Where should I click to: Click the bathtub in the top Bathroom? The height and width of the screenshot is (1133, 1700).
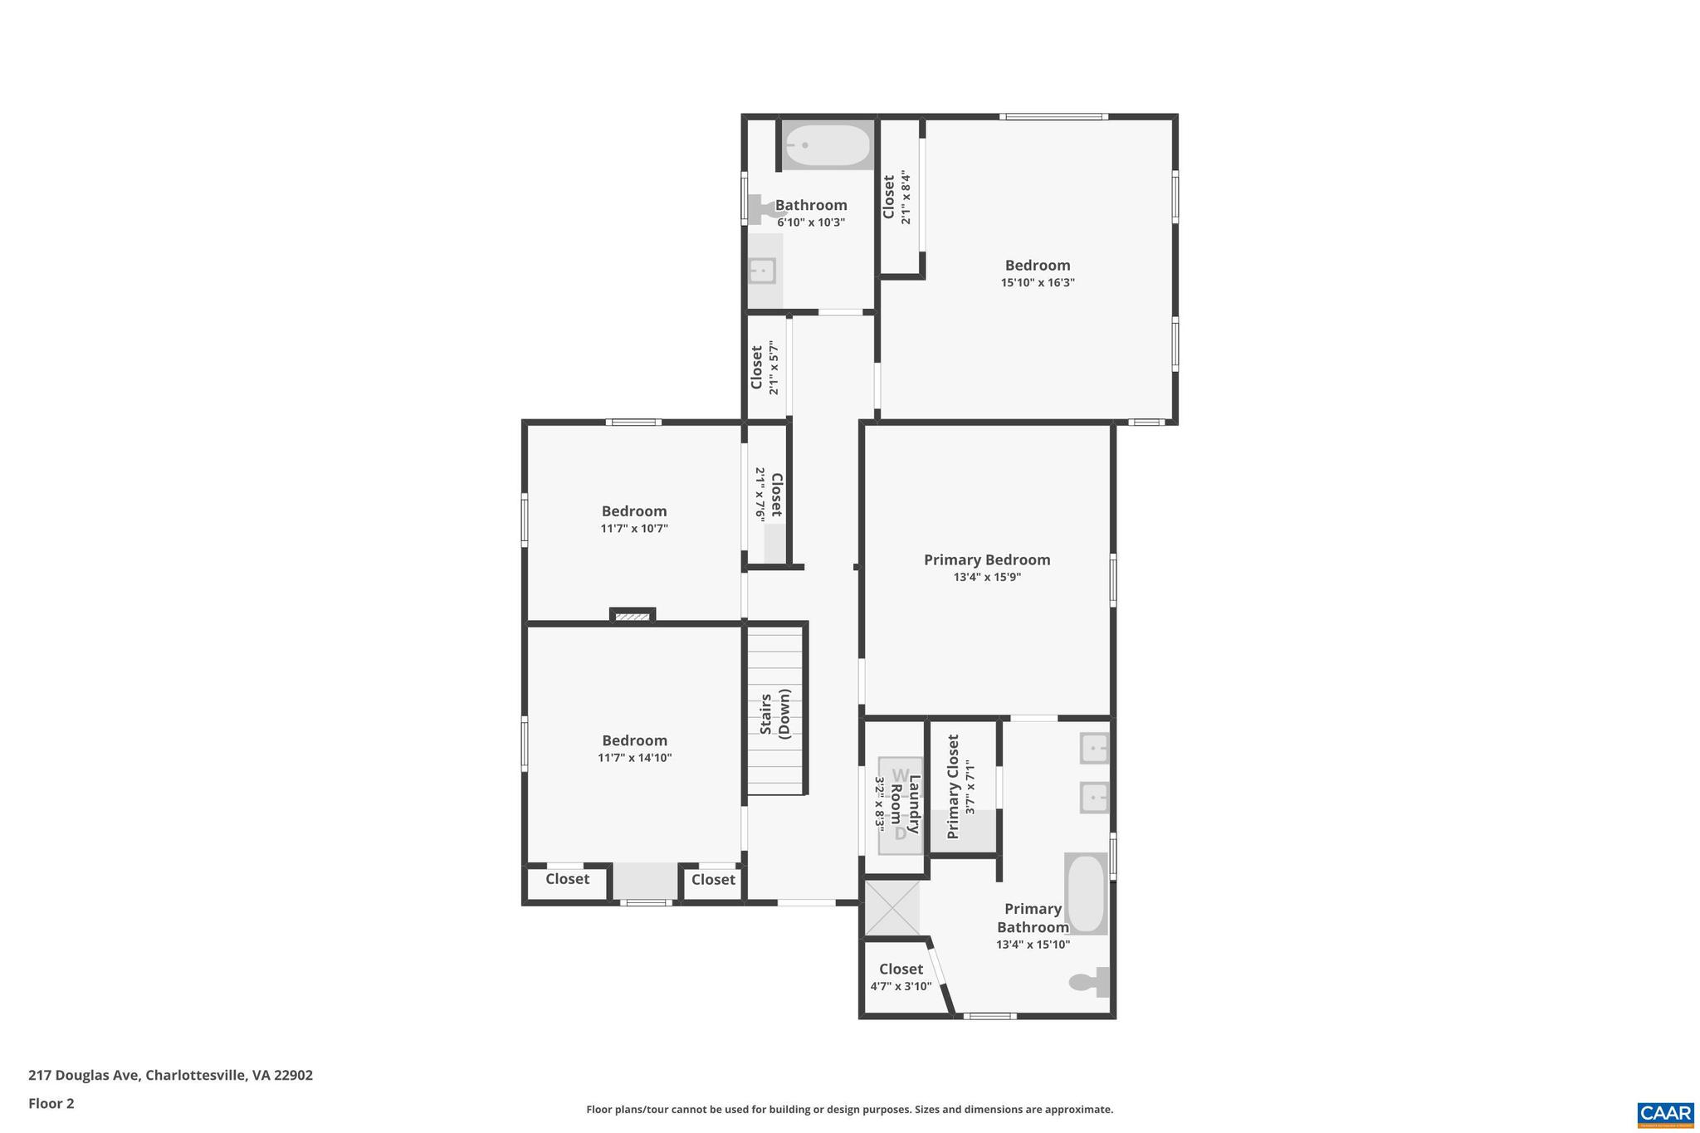[827, 146]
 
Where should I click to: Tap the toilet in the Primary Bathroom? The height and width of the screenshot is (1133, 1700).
[1090, 982]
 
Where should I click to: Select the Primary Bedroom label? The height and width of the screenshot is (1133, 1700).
[987, 560]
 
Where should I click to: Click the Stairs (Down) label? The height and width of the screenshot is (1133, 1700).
[775, 714]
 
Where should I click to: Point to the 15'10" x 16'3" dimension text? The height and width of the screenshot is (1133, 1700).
[1038, 283]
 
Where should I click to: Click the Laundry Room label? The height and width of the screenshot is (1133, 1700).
[905, 803]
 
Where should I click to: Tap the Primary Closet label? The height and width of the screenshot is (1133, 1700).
[953, 786]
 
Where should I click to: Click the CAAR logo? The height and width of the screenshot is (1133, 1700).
[1665, 1113]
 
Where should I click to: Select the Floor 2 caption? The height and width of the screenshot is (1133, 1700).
[51, 1103]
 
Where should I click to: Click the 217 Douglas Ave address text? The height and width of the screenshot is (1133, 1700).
[170, 1075]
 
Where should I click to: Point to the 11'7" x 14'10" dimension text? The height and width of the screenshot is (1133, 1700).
[634, 758]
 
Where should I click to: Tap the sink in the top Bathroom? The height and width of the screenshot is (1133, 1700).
[762, 271]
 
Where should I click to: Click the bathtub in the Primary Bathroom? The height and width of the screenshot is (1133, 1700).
[1086, 894]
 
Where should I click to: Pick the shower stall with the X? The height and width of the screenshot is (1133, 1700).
[892, 909]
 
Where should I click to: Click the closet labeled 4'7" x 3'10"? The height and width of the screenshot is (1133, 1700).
[901, 977]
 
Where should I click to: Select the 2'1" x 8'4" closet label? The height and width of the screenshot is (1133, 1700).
[896, 197]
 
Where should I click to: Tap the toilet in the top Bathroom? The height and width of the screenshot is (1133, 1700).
[765, 208]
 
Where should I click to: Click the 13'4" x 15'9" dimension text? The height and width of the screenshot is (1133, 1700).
[987, 578]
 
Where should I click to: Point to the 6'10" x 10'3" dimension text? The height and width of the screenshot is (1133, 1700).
[811, 222]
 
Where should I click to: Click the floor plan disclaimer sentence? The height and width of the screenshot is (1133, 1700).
[849, 1109]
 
